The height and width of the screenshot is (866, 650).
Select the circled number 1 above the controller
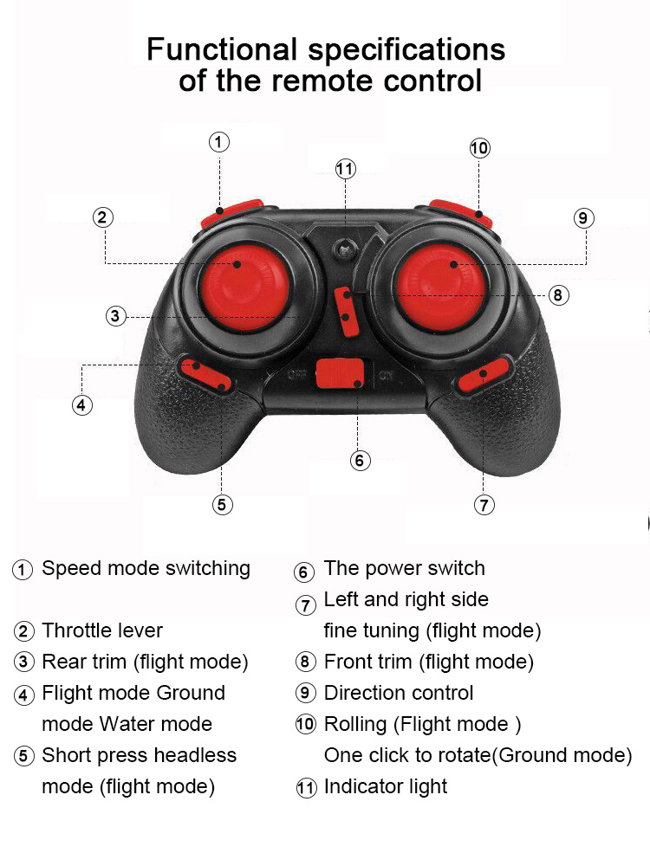tap(219, 141)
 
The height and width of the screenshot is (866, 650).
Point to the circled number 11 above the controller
tap(346, 168)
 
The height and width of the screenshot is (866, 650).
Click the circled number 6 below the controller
tap(361, 461)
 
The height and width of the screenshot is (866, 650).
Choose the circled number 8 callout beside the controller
tap(558, 295)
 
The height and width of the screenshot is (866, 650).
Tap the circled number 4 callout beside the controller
tap(81, 404)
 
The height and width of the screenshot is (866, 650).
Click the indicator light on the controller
tap(346, 249)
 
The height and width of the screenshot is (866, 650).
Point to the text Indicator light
tap(386, 786)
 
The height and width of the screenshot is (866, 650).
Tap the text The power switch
tap(404, 568)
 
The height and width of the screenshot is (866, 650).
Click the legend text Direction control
tap(399, 693)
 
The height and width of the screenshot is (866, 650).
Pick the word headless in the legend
tap(195, 755)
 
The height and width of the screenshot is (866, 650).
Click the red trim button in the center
tap(345, 310)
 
